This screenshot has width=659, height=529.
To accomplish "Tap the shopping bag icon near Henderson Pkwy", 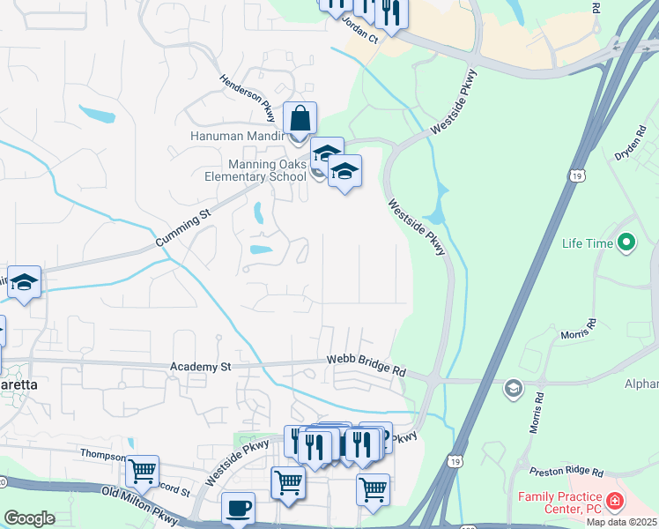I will coord(300,118).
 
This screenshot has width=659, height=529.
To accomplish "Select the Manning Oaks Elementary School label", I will coord(267,170).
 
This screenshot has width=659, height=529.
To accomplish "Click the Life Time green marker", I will coord(626,241).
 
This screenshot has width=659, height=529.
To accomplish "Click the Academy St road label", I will coord(200,366).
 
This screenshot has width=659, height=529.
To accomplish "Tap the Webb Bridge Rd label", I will coord(366,365).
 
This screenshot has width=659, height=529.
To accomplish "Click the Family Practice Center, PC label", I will coord(558,503).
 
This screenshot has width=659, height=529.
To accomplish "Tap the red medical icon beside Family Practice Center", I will coord(613,503).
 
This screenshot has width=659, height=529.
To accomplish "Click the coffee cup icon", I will coord(238,508).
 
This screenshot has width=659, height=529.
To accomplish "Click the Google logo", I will coord(29,518).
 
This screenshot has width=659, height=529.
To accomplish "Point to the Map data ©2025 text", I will coord(621,522).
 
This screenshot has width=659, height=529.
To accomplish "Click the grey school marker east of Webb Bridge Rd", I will coord(513,388).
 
